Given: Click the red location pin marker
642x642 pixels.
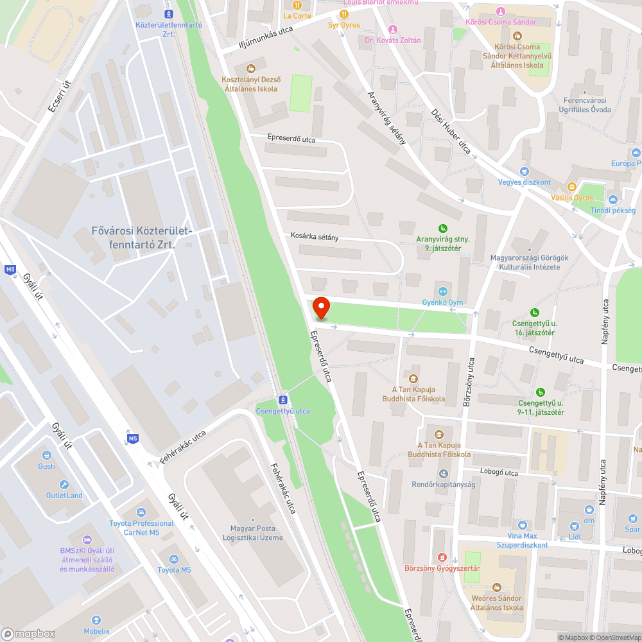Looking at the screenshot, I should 320,308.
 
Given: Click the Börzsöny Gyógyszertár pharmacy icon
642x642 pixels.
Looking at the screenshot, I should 442,557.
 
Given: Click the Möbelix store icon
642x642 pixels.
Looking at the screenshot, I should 96,620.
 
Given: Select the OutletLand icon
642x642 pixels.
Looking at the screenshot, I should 64,485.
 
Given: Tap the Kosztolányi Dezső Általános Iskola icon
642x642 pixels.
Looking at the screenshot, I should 250,67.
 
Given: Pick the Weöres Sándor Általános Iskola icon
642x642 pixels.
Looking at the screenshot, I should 496,587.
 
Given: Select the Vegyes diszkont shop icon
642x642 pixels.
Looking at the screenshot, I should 525,171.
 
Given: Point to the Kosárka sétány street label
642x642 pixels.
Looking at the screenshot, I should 314,237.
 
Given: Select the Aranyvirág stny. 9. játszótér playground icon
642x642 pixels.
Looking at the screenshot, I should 442,228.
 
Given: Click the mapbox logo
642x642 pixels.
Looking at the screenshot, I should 29,634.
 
